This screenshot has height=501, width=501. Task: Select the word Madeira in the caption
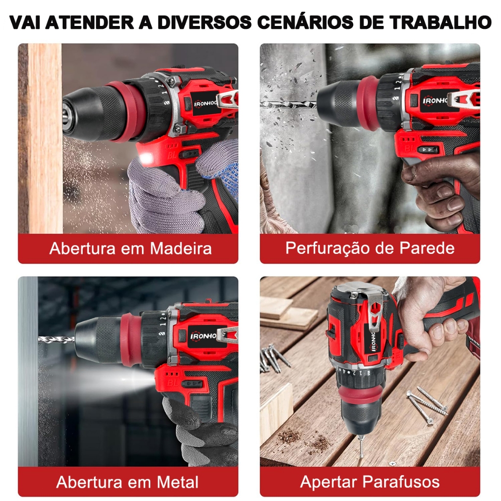pyautogui.click(x=181, y=249)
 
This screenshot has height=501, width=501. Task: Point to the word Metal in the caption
pyautogui.click(x=177, y=482)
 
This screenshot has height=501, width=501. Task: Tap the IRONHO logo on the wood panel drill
pyautogui.click(x=205, y=104)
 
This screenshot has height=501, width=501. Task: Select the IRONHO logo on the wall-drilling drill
pyautogui.click(x=435, y=101)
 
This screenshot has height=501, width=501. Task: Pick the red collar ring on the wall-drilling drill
pyautogui.click(x=367, y=104)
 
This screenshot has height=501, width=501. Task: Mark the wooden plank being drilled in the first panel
pyautogui.click(x=45, y=138)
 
